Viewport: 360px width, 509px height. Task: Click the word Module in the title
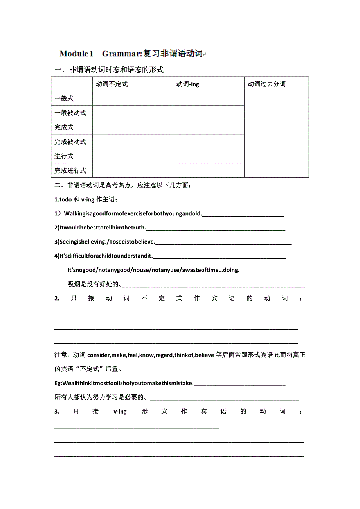click(74, 54)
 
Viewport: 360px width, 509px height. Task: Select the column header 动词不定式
click(112, 84)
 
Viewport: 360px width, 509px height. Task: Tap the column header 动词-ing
click(188, 84)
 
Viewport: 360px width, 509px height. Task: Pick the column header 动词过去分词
click(266, 84)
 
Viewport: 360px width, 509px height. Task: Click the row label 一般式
click(64, 99)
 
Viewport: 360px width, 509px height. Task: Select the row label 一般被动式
click(70, 113)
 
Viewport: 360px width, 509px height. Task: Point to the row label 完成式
click(64, 127)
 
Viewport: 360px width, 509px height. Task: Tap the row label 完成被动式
click(70, 142)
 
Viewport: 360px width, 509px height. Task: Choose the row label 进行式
click(64, 156)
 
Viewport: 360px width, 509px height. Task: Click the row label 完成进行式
click(70, 171)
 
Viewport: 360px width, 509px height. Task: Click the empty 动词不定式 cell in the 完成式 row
click(133, 127)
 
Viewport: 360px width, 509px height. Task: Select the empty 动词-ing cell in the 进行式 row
click(209, 156)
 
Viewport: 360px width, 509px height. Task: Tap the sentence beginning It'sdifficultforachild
click(104, 256)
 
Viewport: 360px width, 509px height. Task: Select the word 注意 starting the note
click(61, 355)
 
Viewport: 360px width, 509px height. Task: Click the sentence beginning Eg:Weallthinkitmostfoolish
click(124, 383)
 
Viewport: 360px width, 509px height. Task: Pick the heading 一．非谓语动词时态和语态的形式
click(109, 70)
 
